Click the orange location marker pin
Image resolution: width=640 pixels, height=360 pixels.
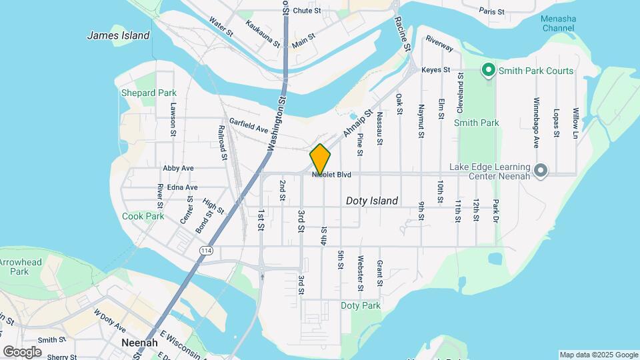(320, 159)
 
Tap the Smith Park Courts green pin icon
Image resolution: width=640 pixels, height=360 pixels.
(488, 70)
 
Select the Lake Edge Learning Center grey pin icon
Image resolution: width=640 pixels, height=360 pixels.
(541, 171)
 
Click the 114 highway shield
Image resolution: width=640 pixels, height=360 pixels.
(205, 249)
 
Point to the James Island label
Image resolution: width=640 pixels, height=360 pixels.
(118, 36)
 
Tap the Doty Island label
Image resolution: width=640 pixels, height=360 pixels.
(371, 201)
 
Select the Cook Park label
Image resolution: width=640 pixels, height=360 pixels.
(143, 216)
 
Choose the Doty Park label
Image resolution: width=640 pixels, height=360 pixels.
(360, 305)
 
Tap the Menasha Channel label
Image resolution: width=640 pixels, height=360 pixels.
(558, 23)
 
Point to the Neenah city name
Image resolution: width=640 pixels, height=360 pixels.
(139, 343)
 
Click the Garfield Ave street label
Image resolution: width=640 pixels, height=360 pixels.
(248, 125)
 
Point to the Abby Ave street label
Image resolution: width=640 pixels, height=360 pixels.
(178, 168)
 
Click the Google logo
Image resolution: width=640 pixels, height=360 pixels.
(22, 351)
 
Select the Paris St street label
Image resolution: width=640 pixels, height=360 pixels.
(493, 11)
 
